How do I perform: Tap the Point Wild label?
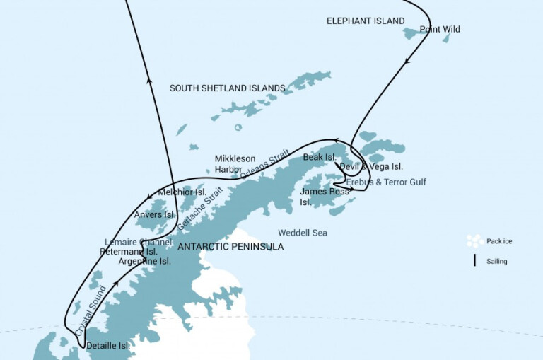(x=440, y=30)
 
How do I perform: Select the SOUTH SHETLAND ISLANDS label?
(x=227, y=88)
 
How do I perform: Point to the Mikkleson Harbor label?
(x=235, y=163)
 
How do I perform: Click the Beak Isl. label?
(x=318, y=156)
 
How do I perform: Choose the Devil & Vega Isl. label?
(x=371, y=167)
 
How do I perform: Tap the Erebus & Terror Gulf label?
(x=386, y=182)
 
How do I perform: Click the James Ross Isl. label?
(x=315, y=196)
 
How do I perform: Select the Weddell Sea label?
(x=303, y=232)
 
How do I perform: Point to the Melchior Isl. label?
(x=182, y=192)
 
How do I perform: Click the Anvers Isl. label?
(x=154, y=214)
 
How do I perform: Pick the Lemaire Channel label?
(x=139, y=242)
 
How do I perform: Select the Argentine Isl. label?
(x=145, y=261)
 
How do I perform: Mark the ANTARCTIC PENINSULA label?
(x=230, y=247)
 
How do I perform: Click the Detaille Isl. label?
(x=107, y=346)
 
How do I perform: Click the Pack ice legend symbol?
(x=474, y=241)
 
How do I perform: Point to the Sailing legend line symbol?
(x=474, y=261)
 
